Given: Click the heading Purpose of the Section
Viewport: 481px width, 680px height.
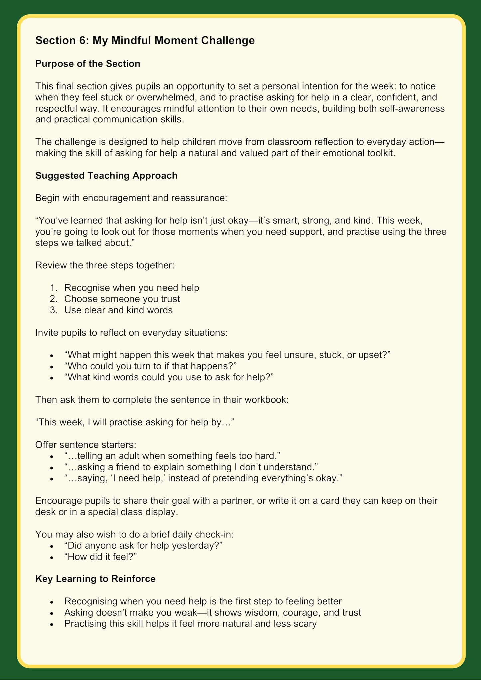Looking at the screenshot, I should (x=88, y=64).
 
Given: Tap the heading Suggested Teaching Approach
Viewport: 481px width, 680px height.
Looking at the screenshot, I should (x=106, y=175).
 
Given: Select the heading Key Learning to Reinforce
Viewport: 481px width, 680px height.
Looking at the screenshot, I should (x=95, y=579).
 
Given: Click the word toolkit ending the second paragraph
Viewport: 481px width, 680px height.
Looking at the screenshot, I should (x=378, y=153).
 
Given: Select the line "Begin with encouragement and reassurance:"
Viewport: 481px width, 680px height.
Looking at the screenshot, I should (x=131, y=198).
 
